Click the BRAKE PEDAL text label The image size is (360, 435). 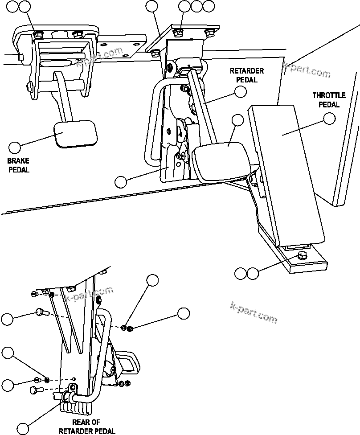tap(18, 165)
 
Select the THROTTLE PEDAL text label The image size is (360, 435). tap(326, 100)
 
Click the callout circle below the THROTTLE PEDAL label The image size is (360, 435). tap(329, 119)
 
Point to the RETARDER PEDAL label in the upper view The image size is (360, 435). tap(246, 75)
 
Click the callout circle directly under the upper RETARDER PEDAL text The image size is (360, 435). tap(241, 92)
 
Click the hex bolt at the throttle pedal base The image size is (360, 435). tap(302, 256)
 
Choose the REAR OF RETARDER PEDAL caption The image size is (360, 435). tap(87, 427)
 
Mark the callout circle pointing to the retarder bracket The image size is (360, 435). tap(120, 181)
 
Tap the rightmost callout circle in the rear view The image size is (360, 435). tap(184, 313)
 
